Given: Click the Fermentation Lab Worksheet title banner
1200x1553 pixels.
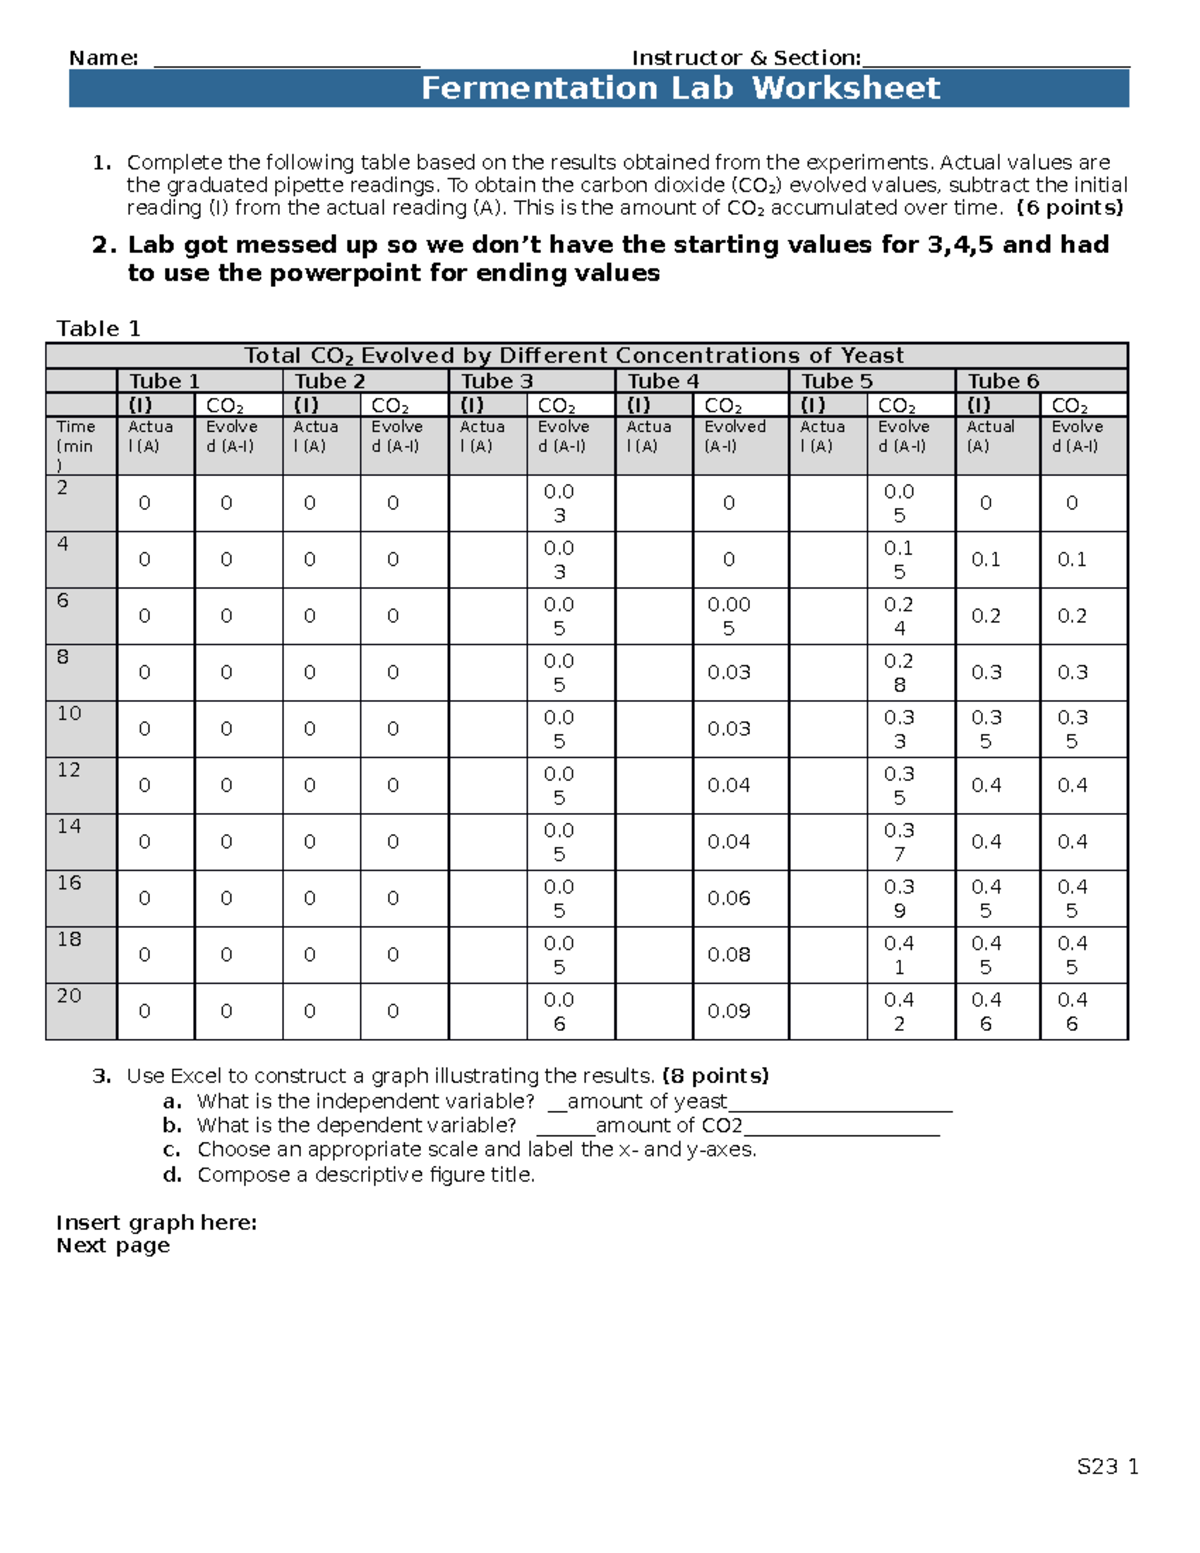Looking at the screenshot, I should [x=680, y=88].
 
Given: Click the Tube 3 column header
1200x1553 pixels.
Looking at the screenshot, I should [x=497, y=381].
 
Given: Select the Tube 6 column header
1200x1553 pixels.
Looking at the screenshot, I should [x=1003, y=381].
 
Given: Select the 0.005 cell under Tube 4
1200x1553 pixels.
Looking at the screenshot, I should [x=729, y=616].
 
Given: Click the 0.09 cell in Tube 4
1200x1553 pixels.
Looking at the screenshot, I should [x=729, y=1011].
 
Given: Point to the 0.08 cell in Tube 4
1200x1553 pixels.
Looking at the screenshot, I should [x=729, y=955].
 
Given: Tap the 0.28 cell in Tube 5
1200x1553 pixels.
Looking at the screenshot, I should [x=899, y=672].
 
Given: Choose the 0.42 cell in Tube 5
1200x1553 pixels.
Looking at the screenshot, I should [x=899, y=1011].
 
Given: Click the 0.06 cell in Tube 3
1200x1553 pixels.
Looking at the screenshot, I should [x=559, y=1011].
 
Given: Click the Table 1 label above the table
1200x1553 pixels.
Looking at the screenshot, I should [x=98, y=328].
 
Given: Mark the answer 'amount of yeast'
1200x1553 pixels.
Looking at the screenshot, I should [x=647, y=1101].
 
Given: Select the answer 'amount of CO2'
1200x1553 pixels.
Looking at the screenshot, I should [x=669, y=1126].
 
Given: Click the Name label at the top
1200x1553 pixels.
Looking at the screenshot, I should [x=103, y=58].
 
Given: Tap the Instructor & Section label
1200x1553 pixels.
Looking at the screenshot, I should [x=746, y=58].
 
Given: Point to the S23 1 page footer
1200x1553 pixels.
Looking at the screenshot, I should [x=1107, y=1467].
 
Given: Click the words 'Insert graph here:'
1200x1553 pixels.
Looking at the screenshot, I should [x=156, y=1222].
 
